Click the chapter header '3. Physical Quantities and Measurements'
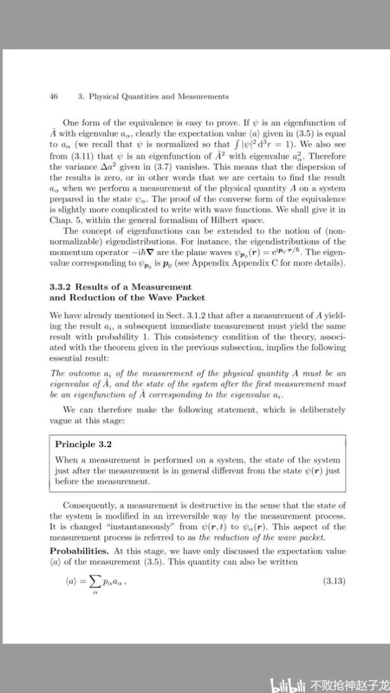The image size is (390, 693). point(153,96)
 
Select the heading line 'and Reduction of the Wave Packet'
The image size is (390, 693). point(127,297)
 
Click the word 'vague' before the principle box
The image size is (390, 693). point(61,420)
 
